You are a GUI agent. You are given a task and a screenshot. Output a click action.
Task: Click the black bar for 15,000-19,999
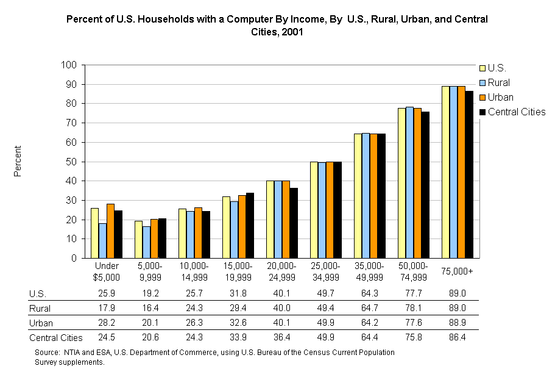[x=250, y=225]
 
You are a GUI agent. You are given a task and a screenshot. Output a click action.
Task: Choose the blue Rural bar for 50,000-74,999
[x=409, y=182]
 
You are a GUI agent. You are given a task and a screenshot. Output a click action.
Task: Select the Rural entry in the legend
[x=499, y=82]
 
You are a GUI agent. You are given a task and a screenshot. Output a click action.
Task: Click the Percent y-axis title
[x=18, y=161]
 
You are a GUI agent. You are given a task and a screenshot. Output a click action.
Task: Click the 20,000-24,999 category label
[x=281, y=271]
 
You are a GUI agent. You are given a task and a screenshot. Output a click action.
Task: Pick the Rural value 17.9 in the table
[x=106, y=308]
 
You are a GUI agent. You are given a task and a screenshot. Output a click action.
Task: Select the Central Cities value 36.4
[x=281, y=337]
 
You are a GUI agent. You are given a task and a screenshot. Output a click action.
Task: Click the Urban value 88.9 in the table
[x=457, y=323]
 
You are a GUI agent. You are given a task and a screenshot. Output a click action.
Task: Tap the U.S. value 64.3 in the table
[x=369, y=293]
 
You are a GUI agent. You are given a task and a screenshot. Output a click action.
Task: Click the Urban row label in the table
[x=40, y=323]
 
